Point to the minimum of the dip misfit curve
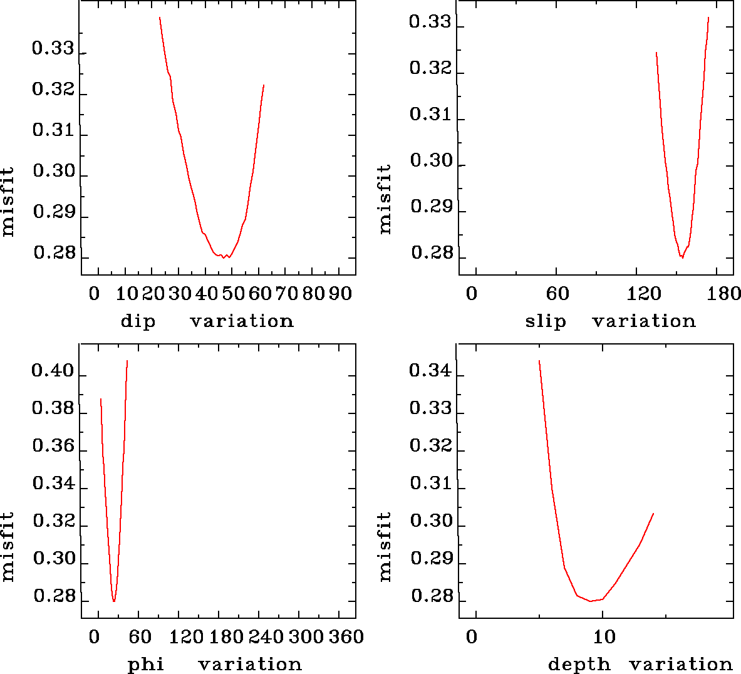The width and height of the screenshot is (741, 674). (x=223, y=257)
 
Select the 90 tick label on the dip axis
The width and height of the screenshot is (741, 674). (x=340, y=294)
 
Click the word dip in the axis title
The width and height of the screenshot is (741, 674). (x=138, y=321)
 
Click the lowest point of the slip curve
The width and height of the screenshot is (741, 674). (x=682, y=257)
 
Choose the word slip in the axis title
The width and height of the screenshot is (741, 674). (x=545, y=321)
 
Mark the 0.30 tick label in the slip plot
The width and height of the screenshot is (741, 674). (x=431, y=161)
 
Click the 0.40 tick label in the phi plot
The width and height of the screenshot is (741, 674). (x=53, y=372)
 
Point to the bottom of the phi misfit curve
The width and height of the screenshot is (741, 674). (x=114, y=601)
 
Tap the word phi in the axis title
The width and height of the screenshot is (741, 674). (x=146, y=665)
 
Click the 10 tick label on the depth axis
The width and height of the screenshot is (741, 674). (x=604, y=637)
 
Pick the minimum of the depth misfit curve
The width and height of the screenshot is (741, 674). (x=590, y=601)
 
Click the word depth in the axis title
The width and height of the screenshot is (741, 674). (x=579, y=665)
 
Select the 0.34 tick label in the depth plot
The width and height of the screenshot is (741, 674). (x=430, y=371)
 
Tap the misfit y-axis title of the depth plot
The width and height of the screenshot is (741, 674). (x=385, y=546)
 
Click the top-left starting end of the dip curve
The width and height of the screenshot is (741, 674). (x=160, y=18)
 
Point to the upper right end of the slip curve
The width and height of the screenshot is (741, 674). (x=708, y=18)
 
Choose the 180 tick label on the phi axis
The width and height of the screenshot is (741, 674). (x=226, y=637)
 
